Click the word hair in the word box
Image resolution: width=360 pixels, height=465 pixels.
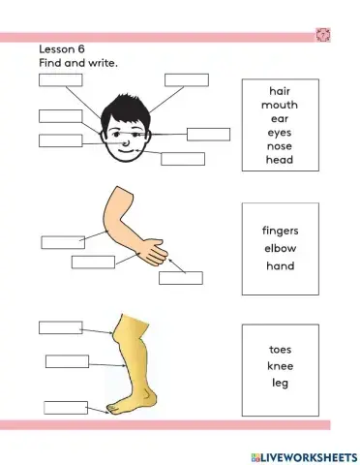click(x=280, y=90)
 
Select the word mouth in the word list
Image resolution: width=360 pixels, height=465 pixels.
click(x=280, y=105)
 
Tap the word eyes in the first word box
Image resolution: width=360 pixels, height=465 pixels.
click(x=280, y=132)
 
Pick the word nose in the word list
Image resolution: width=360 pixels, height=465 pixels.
click(x=280, y=146)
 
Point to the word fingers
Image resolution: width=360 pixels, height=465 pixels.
click(x=280, y=232)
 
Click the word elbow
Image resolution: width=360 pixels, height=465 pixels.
click(x=280, y=248)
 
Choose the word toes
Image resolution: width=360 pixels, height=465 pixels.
click(x=280, y=349)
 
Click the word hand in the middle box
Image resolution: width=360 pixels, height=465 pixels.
click(x=280, y=265)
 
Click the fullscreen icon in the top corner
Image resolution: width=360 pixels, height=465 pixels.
click(x=322, y=35)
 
